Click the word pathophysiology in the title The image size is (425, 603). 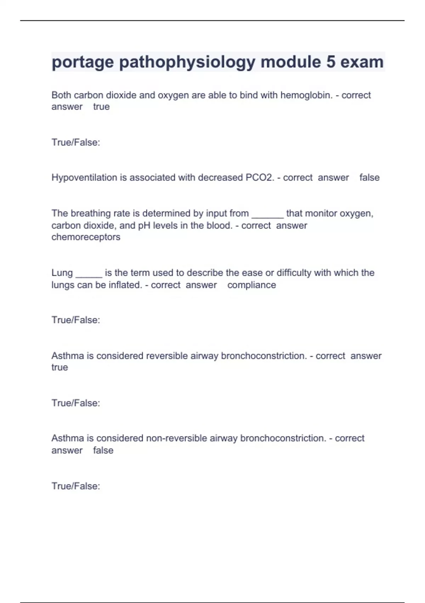click(187, 62)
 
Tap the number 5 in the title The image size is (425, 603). click(330, 62)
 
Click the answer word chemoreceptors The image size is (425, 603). click(86, 237)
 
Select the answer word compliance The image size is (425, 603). click(251, 285)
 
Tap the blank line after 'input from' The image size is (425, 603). click(267, 214)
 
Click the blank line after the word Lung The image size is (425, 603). click(89, 274)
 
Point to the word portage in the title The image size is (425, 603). click(83, 62)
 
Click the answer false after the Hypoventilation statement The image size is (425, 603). click(369, 177)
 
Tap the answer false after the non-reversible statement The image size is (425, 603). click(103, 450)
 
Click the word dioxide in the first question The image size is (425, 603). click(121, 95)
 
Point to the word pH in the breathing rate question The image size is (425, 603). click(144, 225)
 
